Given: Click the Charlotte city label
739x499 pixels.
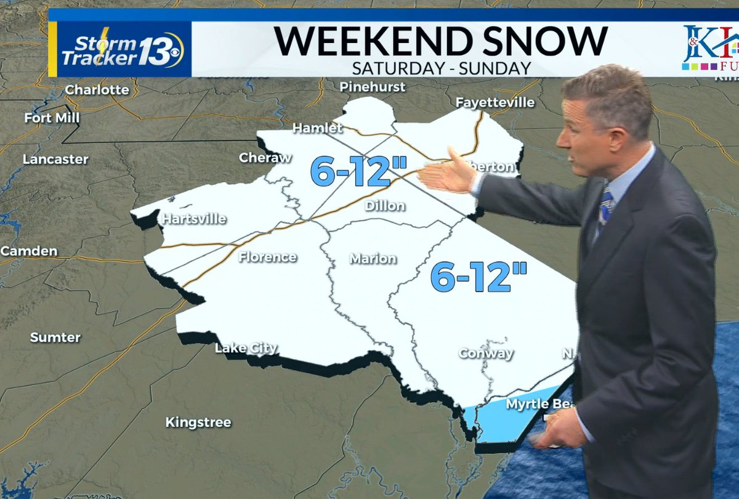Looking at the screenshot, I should (97, 90).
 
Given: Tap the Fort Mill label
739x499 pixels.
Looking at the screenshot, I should (52, 118).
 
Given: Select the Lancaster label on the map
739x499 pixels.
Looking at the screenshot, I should (55, 159).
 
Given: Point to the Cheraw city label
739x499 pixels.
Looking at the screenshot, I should (265, 158).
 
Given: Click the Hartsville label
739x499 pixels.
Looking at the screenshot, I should (193, 219).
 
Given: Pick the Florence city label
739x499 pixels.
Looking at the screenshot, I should (268, 257).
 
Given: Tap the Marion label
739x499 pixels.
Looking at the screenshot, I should (373, 259).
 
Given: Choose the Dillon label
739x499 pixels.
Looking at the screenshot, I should (385, 206).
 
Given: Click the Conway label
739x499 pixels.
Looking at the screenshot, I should (486, 354).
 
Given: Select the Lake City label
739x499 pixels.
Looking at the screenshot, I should (246, 349).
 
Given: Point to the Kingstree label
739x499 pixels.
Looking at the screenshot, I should (198, 423).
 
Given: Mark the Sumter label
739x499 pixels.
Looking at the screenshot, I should (55, 337).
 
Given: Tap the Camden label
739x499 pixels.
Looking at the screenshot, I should (29, 251).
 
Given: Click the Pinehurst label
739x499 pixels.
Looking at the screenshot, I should (373, 87).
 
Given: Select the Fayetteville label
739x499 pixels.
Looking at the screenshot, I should (495, 102).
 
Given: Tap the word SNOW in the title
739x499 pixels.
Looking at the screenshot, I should (524, 41).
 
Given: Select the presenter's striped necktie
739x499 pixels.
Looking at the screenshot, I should (605, 207).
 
